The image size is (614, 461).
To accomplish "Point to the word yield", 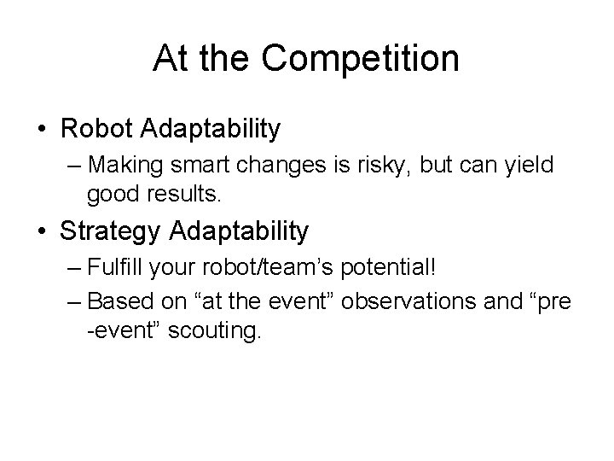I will click(x=529, y=164).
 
